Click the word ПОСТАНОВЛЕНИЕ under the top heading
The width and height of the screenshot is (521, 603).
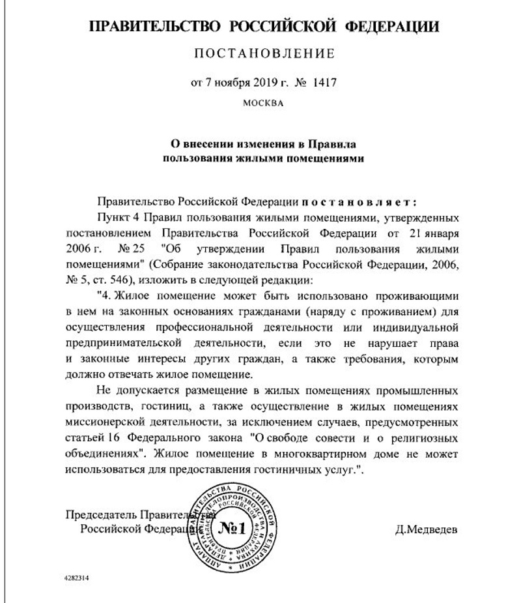click(264, 53)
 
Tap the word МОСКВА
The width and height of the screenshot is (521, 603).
click(262, 103)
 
